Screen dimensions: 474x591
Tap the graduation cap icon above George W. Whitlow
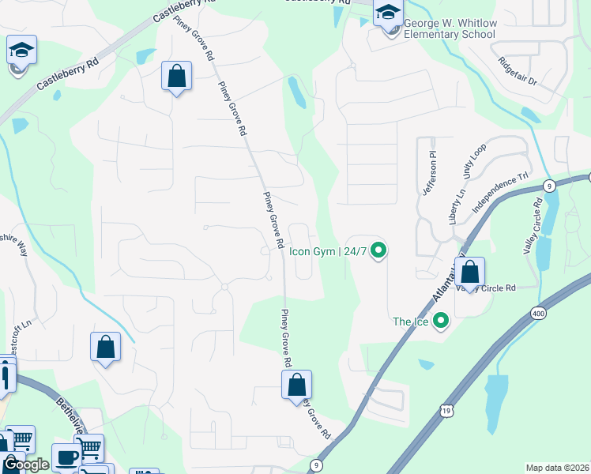coord(388,13)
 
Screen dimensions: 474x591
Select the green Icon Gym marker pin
coord(378,251)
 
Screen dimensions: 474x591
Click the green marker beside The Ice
coord(441,321)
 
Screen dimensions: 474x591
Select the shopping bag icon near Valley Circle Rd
coord(470,272)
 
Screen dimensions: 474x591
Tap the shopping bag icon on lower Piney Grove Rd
coord(297,385)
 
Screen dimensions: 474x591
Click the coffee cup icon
coord(66,457)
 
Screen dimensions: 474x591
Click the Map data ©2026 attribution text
coord(557,468)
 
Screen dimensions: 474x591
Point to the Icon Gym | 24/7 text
coord(328,252)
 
